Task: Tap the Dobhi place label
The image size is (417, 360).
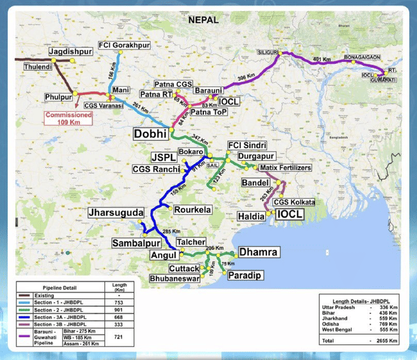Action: [x=151, y=133]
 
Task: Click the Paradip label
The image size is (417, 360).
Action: [x=246, y=276]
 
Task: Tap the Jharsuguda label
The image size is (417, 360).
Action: [x=117, y=213]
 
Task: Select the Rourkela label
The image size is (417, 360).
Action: [x=192, y=210]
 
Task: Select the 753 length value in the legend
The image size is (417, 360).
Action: [x=119, y=301]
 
